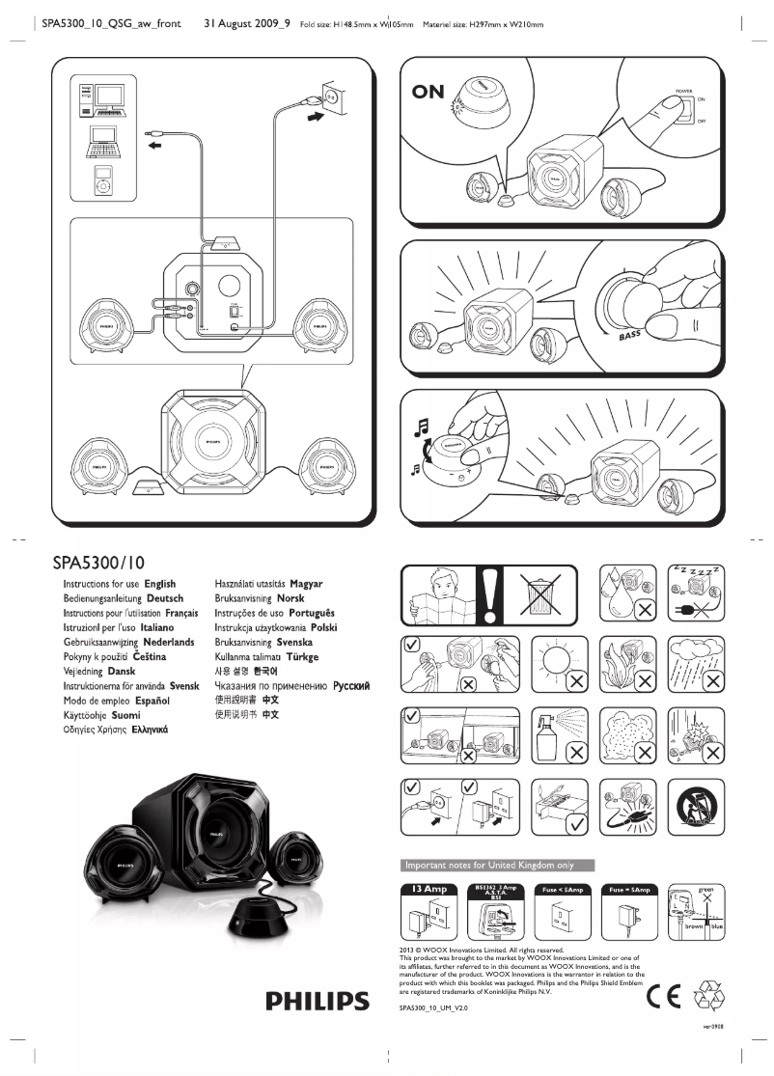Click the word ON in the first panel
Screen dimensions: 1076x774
coord(428,92)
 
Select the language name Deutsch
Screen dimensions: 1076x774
coord(166,598)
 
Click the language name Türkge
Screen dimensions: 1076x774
coord(302,656)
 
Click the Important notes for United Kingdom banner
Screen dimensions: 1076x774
coord(497,864)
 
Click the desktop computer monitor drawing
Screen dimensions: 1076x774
coord(110,96)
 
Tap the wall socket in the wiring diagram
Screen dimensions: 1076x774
coord(329,97)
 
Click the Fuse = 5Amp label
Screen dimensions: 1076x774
coord(627,888)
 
